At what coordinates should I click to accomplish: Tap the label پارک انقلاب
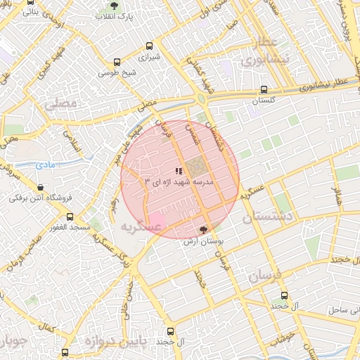115,16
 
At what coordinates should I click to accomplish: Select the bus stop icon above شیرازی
148,45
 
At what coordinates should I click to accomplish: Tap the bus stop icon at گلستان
264,89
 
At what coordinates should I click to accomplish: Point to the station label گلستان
266,101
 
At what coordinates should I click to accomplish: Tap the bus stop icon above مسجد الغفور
69,217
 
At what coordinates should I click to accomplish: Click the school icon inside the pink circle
179,171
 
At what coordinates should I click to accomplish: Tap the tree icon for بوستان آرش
204,230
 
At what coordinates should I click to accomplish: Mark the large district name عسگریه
141,226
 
